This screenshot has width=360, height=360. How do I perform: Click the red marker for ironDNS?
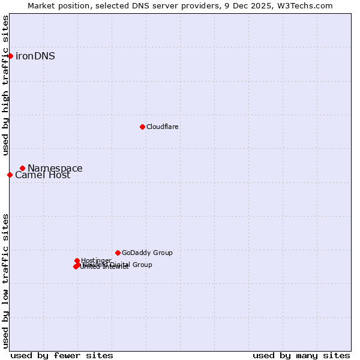coord(10,56)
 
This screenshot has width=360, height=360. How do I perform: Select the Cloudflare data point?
coord(142,127)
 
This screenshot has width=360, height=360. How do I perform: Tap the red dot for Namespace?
coord(22,168)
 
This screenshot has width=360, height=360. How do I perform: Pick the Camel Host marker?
coord(10,175)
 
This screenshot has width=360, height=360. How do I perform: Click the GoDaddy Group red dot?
coord(118,253)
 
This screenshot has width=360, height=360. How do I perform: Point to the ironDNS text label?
coord(35,56)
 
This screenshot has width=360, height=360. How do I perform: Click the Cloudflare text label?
coord(162,127)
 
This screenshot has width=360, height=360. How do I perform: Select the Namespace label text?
coord(55,168)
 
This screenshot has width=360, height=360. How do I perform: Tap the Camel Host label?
coord(43,175)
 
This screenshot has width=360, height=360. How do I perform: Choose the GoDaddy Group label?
coord(147,253)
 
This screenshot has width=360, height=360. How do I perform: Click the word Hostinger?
coord(96,260)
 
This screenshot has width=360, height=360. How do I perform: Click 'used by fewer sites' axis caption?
coord(62,355)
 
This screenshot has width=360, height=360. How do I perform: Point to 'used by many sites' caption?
coord(301,355)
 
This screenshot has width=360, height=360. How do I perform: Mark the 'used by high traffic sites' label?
coord(6,85)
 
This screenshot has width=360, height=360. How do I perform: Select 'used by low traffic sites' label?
coord(6,280)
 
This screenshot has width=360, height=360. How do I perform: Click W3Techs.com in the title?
coord(306,5)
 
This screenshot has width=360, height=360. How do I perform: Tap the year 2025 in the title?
coord(264,5)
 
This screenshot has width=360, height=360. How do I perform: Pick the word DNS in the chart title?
coord(129,5)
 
